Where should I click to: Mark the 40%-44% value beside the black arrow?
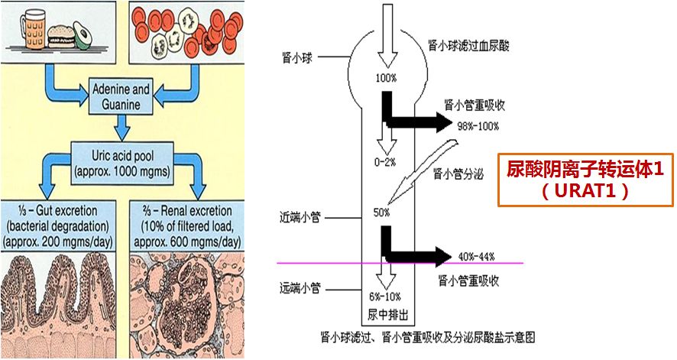tap(475, 257)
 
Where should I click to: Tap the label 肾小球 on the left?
tap(303, 57)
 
